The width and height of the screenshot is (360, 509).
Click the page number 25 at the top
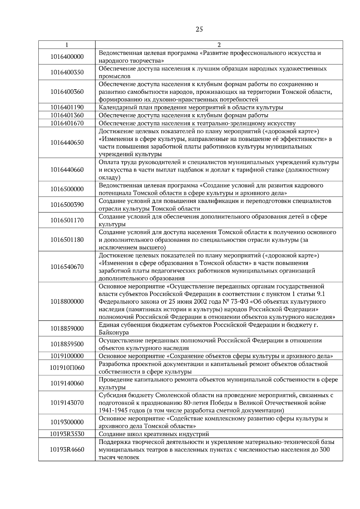[x=199, y=29]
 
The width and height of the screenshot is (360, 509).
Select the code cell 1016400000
[x=67, y=57]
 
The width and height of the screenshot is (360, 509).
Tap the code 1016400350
[x=67, y=72]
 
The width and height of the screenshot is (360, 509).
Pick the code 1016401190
[x=67, y=107]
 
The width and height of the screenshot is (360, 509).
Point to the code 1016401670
[x=67, y=123]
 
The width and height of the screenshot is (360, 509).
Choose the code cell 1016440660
[x=67, y=170]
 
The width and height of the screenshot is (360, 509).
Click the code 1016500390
[x=67, y=205]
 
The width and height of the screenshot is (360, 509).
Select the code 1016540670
[x=67, y=267]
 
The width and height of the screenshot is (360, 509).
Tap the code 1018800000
[x=67, y=302]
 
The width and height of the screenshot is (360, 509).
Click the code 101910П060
[x=67, y=368]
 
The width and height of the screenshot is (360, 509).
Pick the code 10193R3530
[x=67, y=434]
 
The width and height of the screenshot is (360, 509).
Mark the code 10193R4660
[x=67, y=450]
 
